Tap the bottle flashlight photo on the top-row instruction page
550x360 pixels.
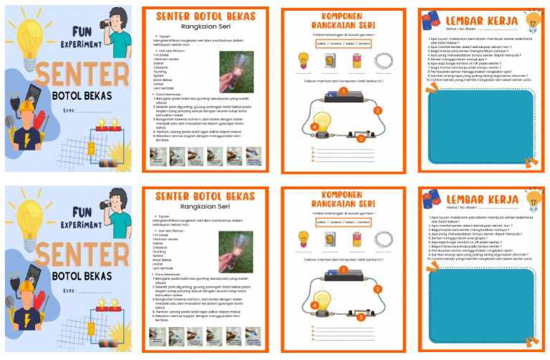[x=236, y=72]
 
